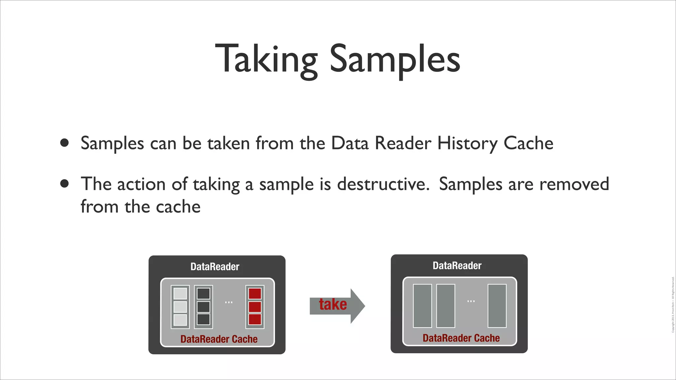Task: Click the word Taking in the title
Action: (x=266, y=59)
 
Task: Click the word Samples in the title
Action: (x=395, y=59)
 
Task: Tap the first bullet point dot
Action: (x=65, y=143)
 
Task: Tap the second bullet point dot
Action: (x=65, y=183)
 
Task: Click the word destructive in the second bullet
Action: (x=383, y=184)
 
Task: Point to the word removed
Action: (x=574, y=184)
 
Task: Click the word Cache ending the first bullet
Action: (x=528, y=143)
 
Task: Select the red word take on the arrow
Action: (x=333, y=304)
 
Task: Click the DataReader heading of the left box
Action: (x=215, y=267)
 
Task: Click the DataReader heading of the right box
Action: (x=457, y=266)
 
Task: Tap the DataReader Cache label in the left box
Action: (x=219, y=339)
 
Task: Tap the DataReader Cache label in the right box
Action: (x=461, y=338)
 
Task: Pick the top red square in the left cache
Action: (x=255, y=294)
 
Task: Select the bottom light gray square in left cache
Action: (x=180, y=320)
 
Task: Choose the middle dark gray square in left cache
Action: (x=203, y=307)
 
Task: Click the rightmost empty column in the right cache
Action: (x=497, y=306)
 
